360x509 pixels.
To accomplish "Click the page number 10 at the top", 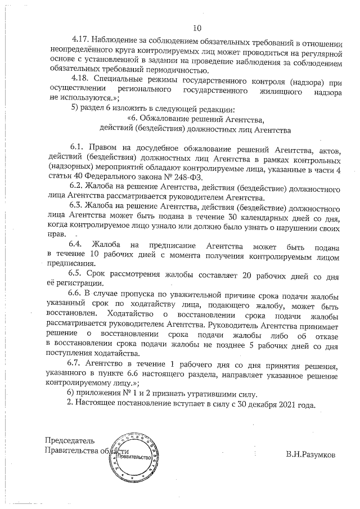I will point(197,28).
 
